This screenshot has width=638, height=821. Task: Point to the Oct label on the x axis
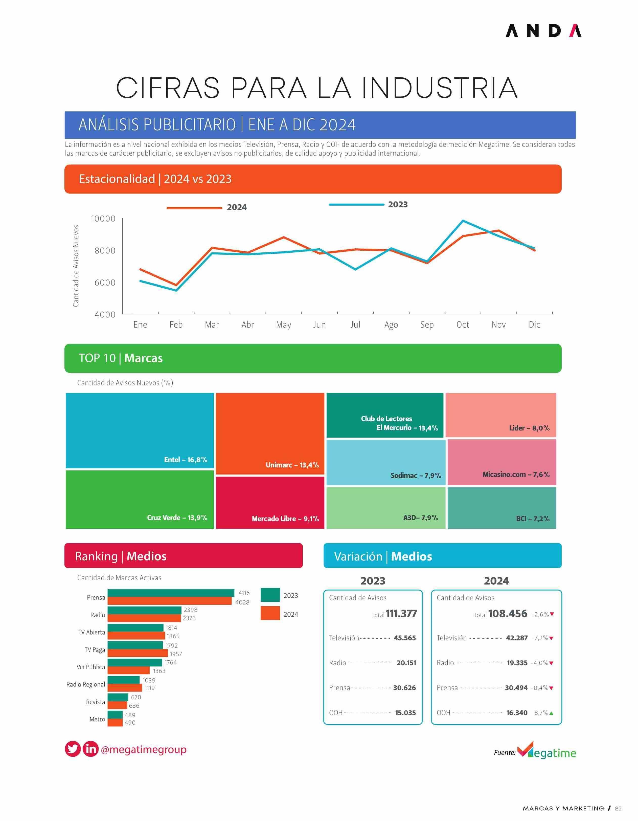tap(463, 325)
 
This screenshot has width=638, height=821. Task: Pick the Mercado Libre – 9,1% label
tap(285, 518)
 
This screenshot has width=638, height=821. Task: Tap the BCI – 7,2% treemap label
tap(533, 518)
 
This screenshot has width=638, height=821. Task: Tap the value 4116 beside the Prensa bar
tap(244, 593)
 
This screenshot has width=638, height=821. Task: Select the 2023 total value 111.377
tap(401, 614)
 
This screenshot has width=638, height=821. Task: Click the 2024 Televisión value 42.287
tap(517, 638)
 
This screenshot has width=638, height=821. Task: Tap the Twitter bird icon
tap(73, 749)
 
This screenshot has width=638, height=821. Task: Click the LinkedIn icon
tap(90, 749)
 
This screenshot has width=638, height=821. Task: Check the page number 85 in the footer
tap(618, 808)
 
